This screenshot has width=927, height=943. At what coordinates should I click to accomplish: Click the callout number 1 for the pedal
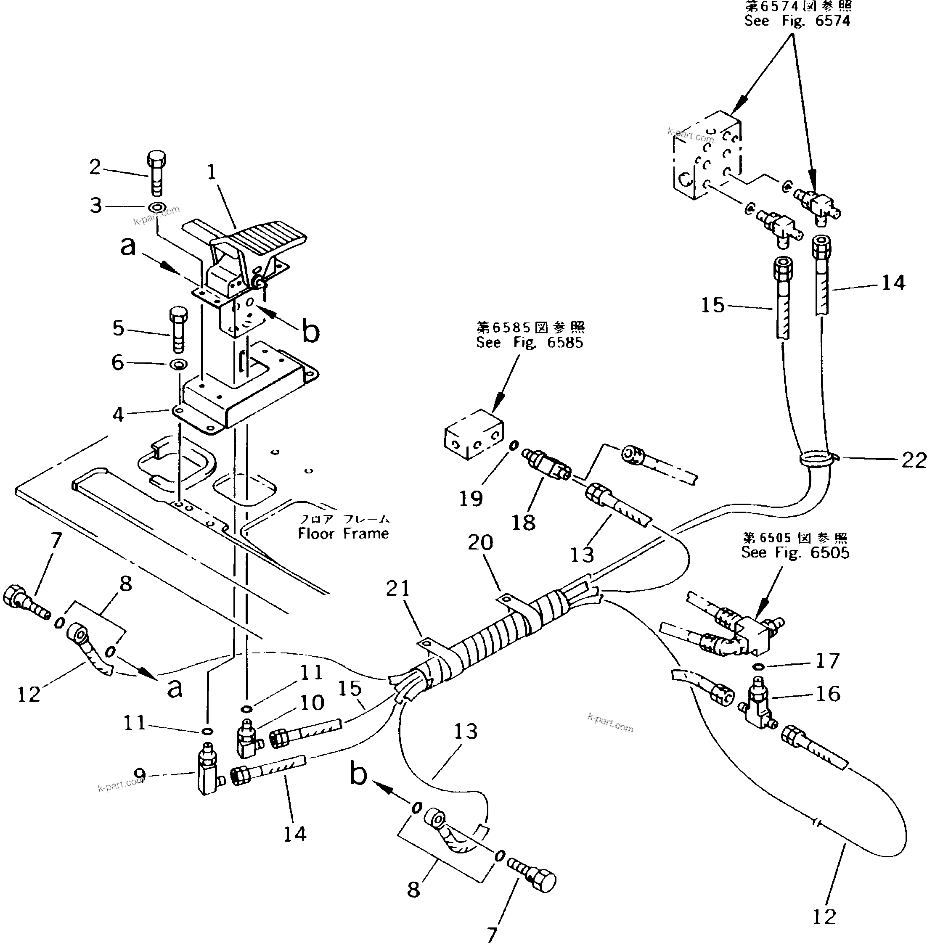point(211,172)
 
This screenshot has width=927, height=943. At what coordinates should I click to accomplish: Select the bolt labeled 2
point(156,173)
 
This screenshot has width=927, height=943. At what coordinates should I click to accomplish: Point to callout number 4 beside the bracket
point(118,415)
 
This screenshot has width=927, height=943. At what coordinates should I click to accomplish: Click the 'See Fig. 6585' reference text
point(529,343)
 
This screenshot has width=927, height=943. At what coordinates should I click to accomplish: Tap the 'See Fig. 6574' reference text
point(797,21)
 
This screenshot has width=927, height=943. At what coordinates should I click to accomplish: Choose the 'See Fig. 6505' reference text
point(795,552)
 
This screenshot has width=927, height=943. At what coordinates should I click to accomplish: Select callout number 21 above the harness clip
point(398,588)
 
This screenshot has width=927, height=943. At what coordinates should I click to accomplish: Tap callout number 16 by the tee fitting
point(828,694)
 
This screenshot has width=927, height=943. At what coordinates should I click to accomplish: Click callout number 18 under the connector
point(523,523)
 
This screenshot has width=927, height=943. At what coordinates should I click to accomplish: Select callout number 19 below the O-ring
point(471,498)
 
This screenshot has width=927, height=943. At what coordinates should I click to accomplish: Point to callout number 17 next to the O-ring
point(828,661)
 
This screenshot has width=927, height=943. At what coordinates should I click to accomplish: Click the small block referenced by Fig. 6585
point(473,434)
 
